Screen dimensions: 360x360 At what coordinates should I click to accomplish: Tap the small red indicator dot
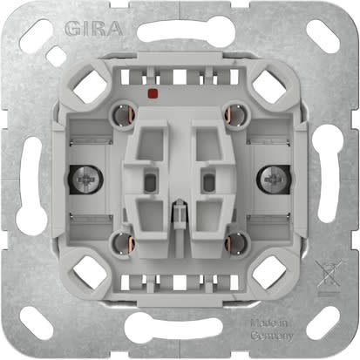tap(154, 91)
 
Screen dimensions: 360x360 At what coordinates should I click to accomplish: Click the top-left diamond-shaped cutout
tap(93, 85)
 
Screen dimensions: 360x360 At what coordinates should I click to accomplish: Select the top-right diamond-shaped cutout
tap(267, 85)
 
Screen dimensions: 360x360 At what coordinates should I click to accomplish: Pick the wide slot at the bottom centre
tap(180, 328)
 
